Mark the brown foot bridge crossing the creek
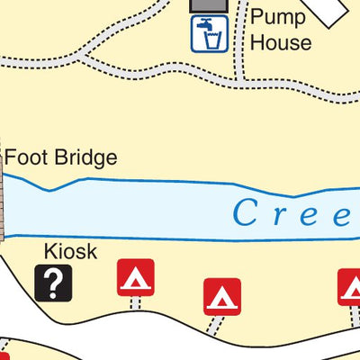pyautogui.click(x=3, y=193)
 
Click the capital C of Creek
pyautogui.click(x=246, y=213)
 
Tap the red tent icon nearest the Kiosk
pyautogui.click(x=136, y=277)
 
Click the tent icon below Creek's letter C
pyautogui.click(x=221, y=296)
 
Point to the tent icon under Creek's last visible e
pyautogui.click(x=350, y=287)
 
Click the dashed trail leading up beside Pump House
pyautogui.click(x=239, y=49)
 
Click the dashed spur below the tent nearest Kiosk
pyautogui.click(x=135, y=303)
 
